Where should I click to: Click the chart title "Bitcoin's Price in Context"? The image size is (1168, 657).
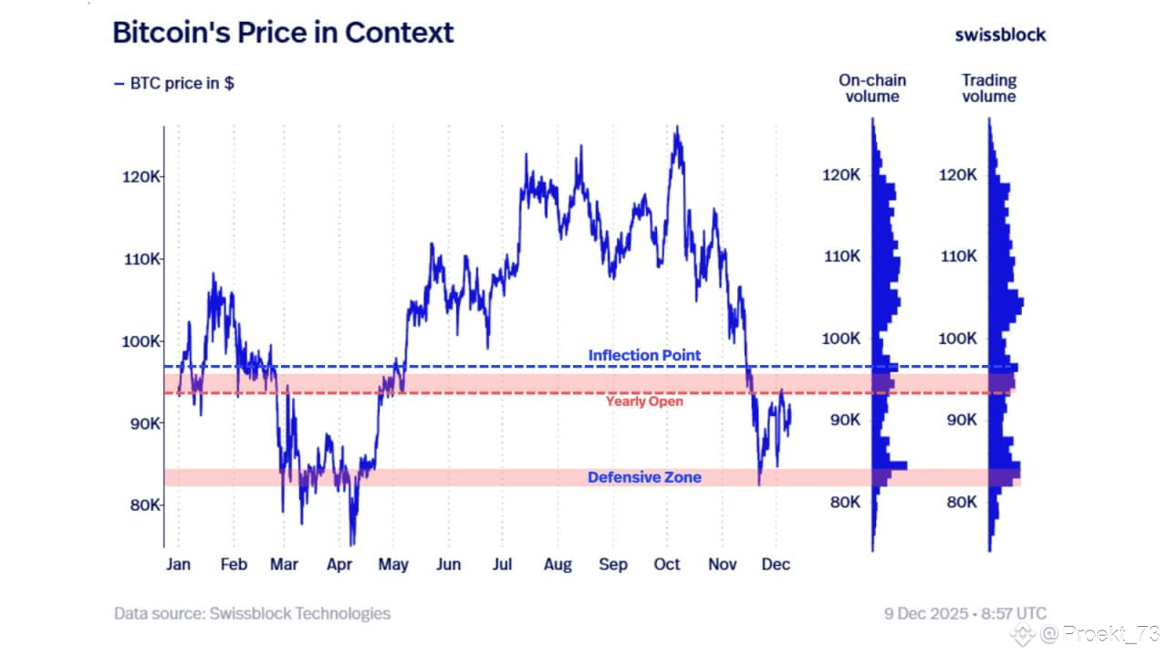[x=283, y=33]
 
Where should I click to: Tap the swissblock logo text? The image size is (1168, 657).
[x=1000, y=35]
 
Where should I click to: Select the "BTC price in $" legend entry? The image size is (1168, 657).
[x=173, y=83]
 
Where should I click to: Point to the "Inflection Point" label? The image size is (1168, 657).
[x=644, y=355]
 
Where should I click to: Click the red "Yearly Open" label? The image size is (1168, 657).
[x=644, y=401]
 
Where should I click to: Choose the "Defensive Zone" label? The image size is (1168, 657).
[x=644, y=477]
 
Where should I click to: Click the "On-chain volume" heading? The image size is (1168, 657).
[x=872, y=89]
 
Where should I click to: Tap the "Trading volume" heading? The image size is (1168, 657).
[x=988, y=89]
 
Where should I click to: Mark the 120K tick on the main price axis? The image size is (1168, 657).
[x=141, y=177]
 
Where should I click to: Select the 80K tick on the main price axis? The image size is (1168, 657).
[x=141, y=506]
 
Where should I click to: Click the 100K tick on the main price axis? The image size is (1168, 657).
[x=141, y=341]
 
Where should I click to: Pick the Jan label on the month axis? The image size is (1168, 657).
[x=178, y=565]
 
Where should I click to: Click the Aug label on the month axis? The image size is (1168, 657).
[x=558, y=565]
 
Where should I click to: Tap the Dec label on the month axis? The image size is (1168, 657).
[x=775, y=565]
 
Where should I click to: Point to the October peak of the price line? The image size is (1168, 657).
[x=676, y=129]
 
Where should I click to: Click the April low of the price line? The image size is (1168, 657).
[x=352, y=544]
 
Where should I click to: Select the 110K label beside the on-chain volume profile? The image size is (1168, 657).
[x=841, y=256]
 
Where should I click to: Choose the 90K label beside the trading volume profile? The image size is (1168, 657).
[x=958, y=421]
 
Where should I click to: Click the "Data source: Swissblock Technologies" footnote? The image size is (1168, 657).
[x=252, y=613]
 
